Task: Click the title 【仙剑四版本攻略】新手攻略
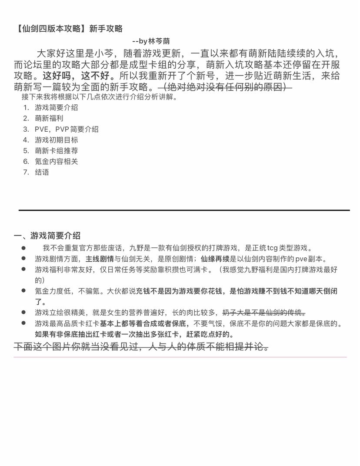click(68, 29)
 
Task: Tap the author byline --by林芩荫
click(151, 41)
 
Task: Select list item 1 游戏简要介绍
click(57, 107)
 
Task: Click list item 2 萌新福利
click(49, 118)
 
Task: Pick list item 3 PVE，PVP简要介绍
click(67, 129)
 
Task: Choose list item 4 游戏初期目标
click(57, 140)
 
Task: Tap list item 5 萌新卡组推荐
click(57, 151)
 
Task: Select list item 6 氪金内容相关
click(57, 161)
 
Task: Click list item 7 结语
click(42, 172)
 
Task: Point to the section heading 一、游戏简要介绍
click(47, 236)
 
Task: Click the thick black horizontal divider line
click(184, 210)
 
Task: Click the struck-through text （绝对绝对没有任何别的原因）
click(225, 87)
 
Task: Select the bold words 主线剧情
click(100, 259)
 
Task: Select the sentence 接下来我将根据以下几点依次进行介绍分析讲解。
click(99, 97)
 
